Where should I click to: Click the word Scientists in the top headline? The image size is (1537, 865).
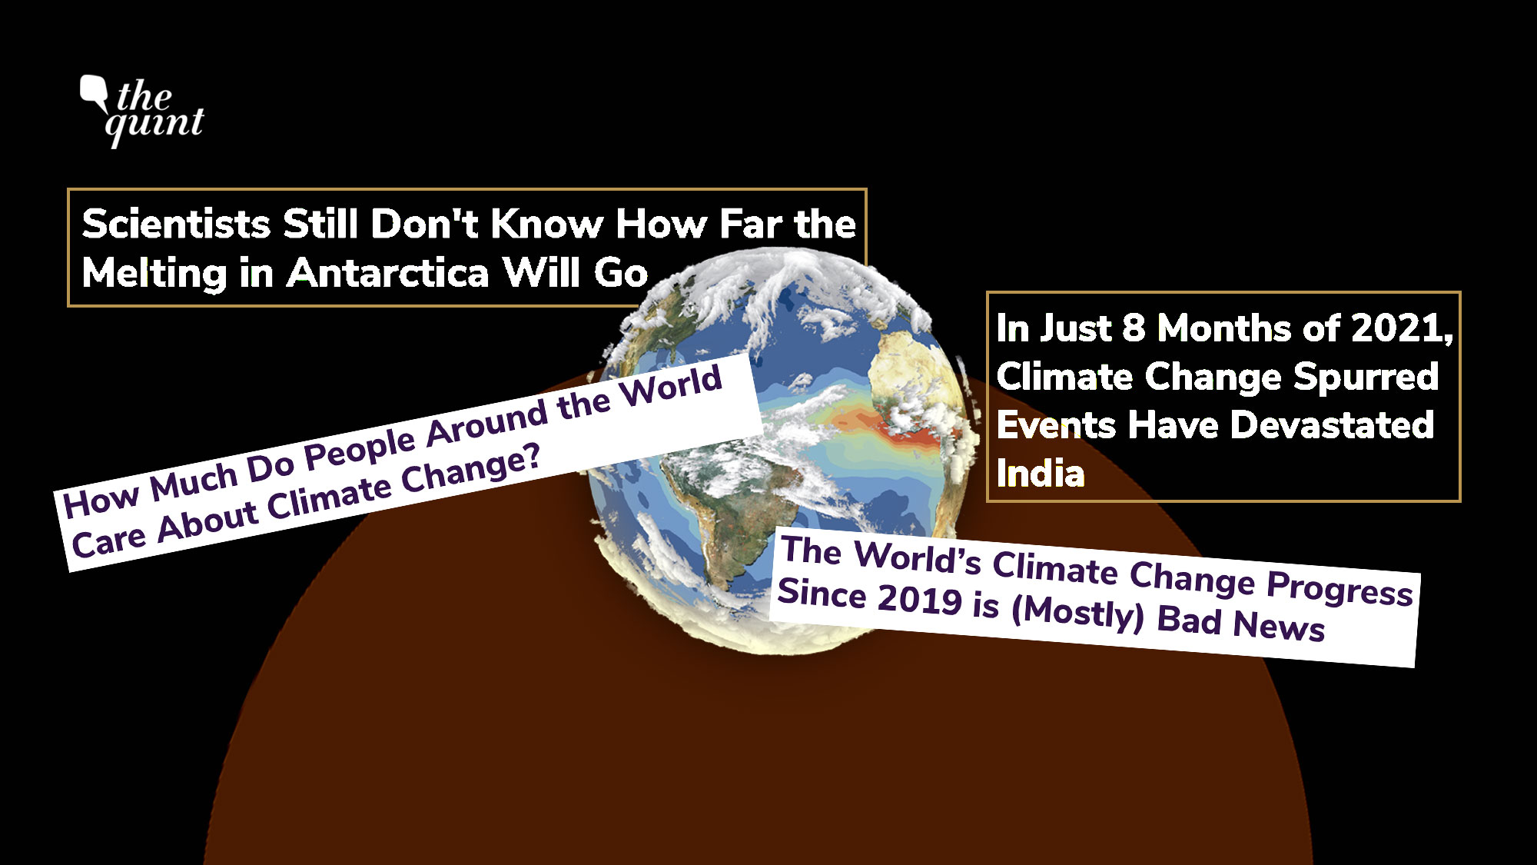[x=176, y=224]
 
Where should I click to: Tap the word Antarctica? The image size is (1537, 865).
[x=388, y=273]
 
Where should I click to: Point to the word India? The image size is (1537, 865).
[x=1040, y=473]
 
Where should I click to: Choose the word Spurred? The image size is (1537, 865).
[x=1366, y=378]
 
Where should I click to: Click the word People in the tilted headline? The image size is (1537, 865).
[x=361, y=450]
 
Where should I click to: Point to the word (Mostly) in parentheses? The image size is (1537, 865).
[x=1078, y=612]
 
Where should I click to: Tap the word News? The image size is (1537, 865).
[x=1279, y=625]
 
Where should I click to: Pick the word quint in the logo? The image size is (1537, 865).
[x=154, y=125]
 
